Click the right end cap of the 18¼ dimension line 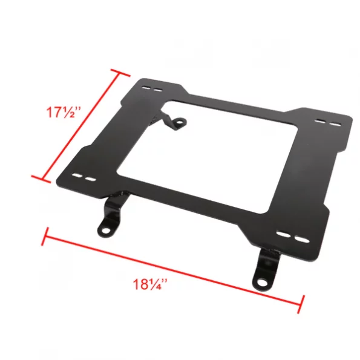click(301, 301)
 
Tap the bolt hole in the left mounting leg click(105, 231)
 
